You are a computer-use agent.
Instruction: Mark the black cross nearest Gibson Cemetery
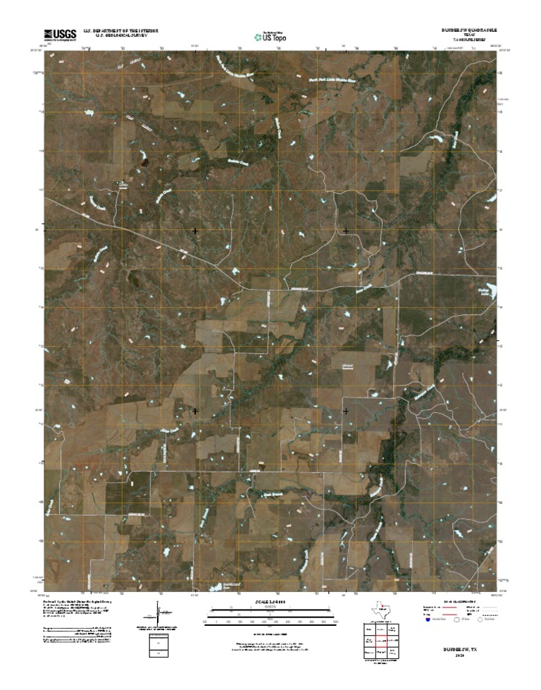(x=346, y=410)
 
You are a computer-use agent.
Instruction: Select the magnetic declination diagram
(x=156, y=610)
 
